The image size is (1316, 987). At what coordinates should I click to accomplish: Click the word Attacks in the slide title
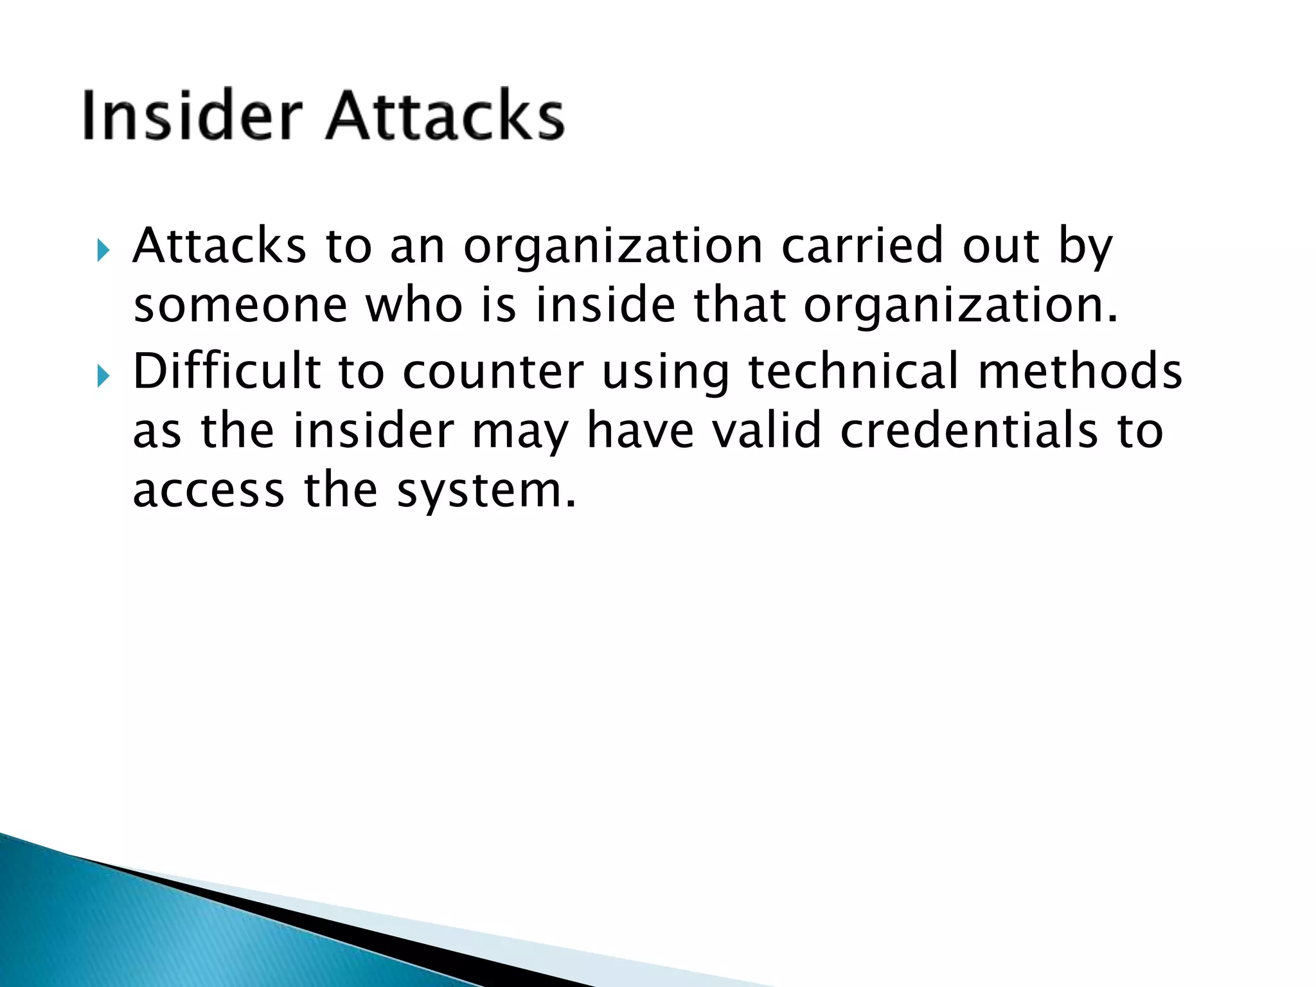pos(445,116)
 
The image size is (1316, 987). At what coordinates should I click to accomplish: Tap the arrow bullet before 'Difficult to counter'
pos(103,376)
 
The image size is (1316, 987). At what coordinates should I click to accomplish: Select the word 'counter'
pos(493,373)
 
